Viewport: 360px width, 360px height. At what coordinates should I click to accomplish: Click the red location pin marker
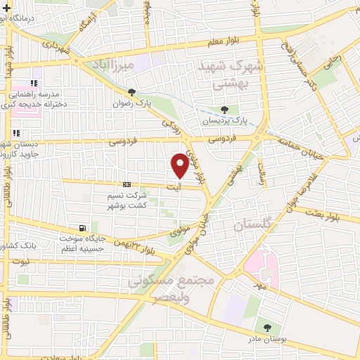point(180,165)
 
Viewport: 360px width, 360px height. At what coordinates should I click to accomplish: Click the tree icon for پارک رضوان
point(131,91)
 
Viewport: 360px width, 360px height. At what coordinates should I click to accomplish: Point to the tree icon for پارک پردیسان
point(224,110)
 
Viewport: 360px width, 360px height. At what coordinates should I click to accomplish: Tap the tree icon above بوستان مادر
point(266,327)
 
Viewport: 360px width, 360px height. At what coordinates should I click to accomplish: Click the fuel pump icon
point(83,228)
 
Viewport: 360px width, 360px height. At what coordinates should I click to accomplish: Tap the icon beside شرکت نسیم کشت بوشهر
point(126,185)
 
